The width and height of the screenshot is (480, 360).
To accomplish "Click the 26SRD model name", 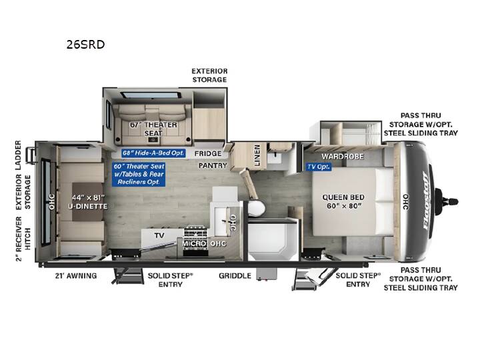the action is pos(85,45).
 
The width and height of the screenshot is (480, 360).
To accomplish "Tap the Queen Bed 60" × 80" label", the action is pos(343,201).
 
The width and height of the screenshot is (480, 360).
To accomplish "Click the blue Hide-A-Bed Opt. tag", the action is pos(153,153).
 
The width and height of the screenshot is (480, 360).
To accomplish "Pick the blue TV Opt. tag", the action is pos(319,167).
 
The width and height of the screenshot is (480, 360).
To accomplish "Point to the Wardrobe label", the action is pos(343,157).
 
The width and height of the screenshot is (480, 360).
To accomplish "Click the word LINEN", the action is pos(257,155).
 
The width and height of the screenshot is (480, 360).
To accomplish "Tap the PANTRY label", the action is pos(213,165).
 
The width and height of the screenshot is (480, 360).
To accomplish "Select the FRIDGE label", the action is pos(208,153).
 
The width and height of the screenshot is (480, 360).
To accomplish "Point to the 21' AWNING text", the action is pos(76,276).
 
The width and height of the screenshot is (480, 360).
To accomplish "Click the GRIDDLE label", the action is pos(235,276).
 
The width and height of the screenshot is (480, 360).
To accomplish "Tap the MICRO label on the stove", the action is pos(195,244).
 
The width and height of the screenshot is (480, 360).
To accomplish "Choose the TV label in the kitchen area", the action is pos(159,235).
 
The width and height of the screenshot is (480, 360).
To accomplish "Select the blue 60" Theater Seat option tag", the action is pos(139,174).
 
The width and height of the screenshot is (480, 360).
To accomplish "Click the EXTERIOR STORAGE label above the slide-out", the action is pos(210,75).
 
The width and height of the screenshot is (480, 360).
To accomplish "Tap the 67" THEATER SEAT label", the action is pos(153,129).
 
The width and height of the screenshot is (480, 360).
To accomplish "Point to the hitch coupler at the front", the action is pos(447,202).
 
